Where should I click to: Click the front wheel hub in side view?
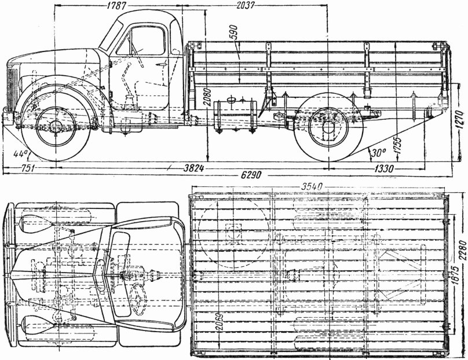(56, 127)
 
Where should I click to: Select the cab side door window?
(142, 42)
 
